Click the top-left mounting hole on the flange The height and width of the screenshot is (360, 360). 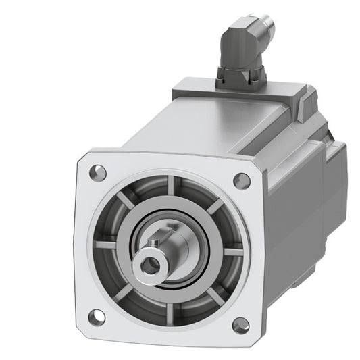pyautogui.click(x=98, y=172)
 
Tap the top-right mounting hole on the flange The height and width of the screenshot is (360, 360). pyautogui.click(x=241, y=180)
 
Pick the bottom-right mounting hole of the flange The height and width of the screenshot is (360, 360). pyautogui.click(x=240, y=324)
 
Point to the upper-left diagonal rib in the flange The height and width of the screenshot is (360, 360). pyautogui.click(x=126, y=201)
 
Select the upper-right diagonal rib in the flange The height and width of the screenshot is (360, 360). pyautogui.click(x=213, y=205)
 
